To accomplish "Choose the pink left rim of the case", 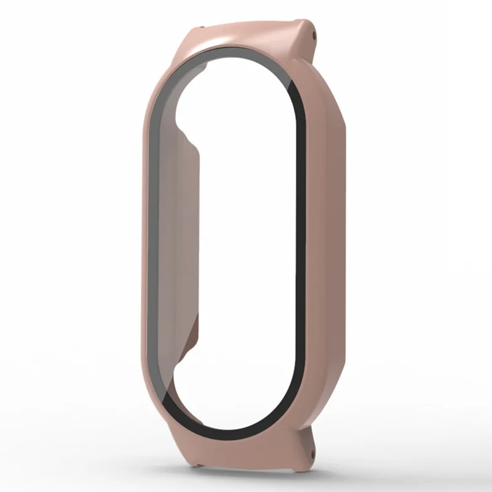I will [x=143, y=246].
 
